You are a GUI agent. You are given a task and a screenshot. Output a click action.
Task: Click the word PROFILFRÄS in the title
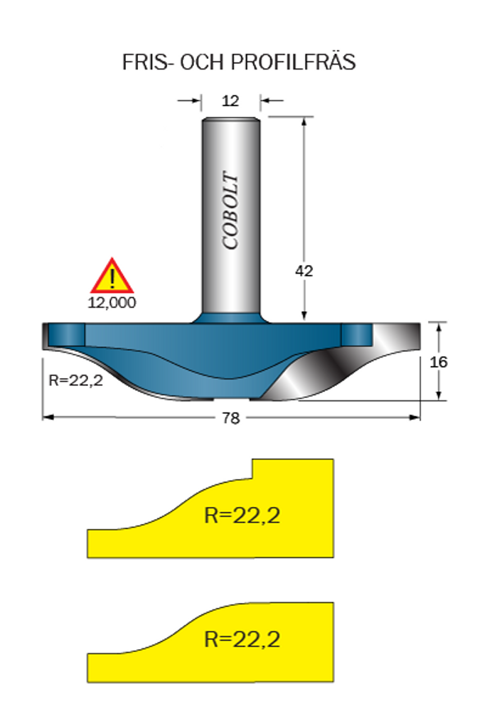click(293, 61)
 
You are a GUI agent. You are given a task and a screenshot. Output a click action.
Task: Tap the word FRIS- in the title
click(145, 63)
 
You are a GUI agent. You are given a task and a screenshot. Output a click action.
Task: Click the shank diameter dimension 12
click(230, 101)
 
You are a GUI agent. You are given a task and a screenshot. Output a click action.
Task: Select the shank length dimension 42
click(304, 271)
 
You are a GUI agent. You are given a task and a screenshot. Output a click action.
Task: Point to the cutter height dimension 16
click(439, 362)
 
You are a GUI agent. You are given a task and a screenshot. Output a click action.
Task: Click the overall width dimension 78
click(231, 418)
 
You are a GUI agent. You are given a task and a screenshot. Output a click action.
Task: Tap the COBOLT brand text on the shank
click(230, 210)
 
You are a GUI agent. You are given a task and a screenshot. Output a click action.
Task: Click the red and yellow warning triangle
click(112, 277)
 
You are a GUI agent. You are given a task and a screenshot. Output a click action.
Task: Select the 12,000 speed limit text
click(112, 303)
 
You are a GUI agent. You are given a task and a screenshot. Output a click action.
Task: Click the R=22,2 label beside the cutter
click(75, 380)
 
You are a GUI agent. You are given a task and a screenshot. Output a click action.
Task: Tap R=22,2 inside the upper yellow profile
click(242, 515)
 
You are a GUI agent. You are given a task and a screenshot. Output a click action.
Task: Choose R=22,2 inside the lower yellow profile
click(242, 639)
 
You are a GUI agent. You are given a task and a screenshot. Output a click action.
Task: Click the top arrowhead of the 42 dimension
click(304, 122)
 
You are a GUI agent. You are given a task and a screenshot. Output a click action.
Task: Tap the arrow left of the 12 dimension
click(189, 100)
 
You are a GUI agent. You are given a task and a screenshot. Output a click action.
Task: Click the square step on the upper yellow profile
click(253, 469)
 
